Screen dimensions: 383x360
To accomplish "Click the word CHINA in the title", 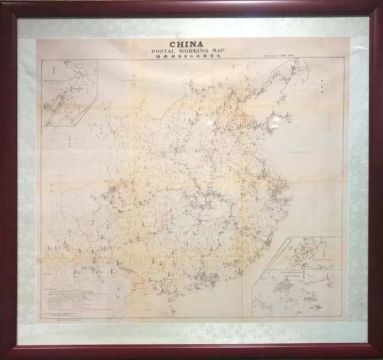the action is (186, 45).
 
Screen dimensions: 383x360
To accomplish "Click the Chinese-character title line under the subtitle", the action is (186, 57).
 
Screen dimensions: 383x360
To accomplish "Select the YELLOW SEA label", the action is (297, 152).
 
